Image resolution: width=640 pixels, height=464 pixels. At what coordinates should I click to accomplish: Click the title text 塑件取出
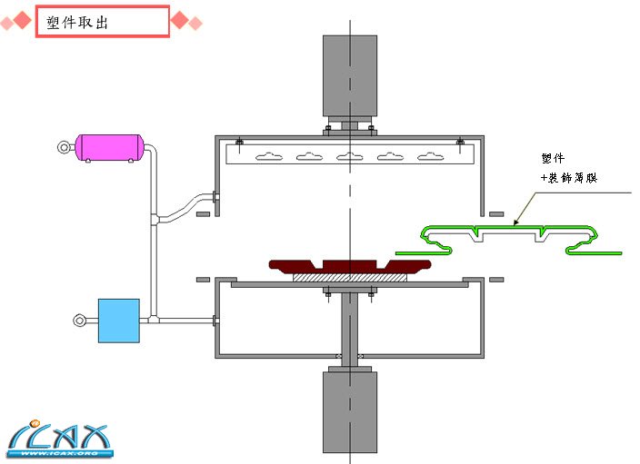point(77,23)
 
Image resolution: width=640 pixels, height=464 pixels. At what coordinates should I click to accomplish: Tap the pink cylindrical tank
point(108,147)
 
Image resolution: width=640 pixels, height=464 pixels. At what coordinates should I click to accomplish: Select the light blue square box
point(118,320)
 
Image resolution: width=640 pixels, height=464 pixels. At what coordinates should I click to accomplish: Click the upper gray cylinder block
point(350,76)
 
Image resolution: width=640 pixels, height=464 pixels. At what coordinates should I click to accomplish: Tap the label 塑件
point(552,158)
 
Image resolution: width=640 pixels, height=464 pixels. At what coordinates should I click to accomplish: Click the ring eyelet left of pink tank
point(64,146)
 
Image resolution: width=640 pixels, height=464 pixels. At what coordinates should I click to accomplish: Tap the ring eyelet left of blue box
point(81,320)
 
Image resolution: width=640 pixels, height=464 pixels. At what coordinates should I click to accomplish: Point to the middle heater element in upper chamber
point(350,157)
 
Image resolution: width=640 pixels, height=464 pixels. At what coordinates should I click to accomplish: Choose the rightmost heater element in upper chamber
point(430,157)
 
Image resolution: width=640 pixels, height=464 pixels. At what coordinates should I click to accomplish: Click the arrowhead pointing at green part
point(516,221)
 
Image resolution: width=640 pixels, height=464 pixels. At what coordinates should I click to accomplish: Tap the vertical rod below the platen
point(349,327)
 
